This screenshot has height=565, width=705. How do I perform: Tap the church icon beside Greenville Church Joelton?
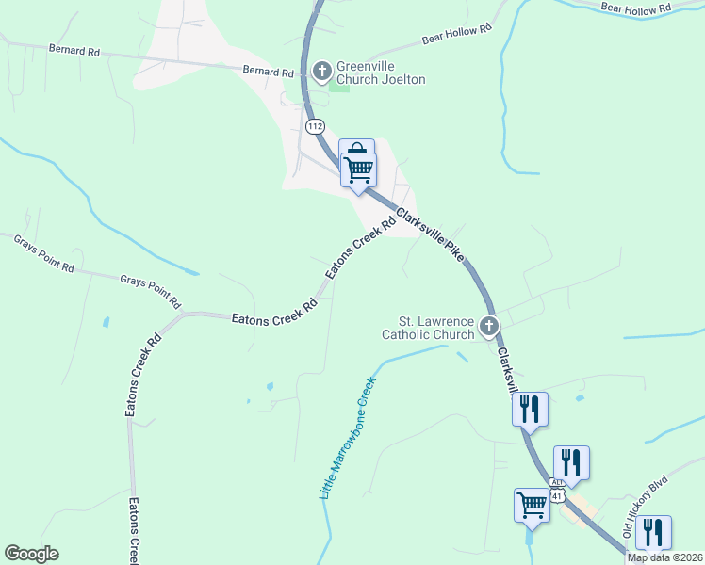321,71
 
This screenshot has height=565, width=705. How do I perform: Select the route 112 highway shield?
315,125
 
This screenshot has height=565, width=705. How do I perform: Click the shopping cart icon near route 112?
358,169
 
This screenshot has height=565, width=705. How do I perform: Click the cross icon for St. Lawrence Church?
488,327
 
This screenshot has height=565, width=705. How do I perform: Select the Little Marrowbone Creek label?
346,438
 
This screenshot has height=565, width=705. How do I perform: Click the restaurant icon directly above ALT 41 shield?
571,461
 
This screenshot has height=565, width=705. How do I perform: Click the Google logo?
31,554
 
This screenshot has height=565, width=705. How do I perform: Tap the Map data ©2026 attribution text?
664,557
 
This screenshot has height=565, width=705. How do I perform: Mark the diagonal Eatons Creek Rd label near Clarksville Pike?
361,249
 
